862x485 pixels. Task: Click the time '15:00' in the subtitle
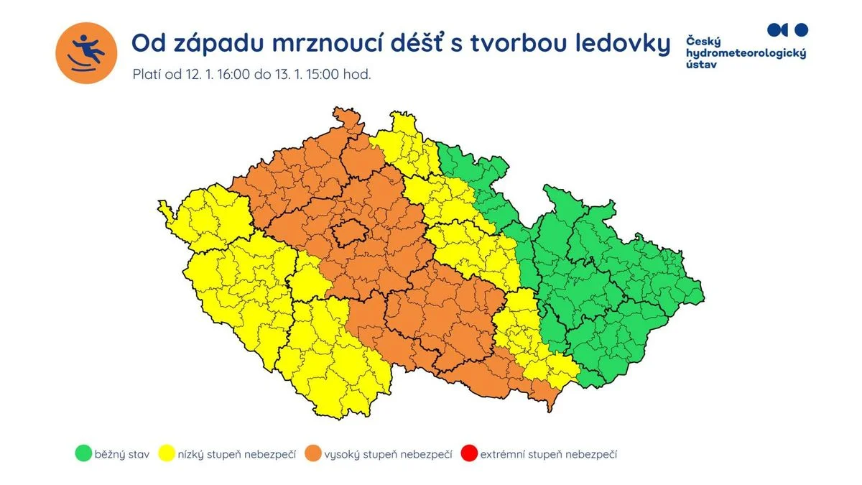coord(320,74)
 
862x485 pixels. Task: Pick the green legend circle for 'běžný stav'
coord(83,454)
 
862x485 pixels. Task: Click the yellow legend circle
coord(169,454)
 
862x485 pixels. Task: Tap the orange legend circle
coord(313,454)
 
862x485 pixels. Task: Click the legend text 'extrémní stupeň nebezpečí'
coord(549,454)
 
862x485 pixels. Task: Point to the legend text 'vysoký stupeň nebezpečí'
coord(388,454)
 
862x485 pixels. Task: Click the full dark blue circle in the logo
coord(802,29)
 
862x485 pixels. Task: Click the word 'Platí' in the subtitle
coord(147,74)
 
